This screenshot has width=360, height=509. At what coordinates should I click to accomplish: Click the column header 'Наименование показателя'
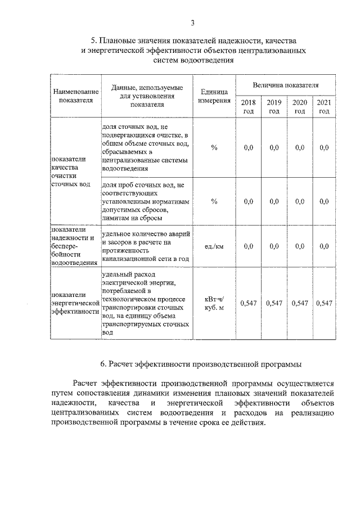pyautogui.click(x=75, y=95)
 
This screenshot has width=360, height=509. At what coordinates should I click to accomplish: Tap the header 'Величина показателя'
pyautogui.click(x=285, y=85)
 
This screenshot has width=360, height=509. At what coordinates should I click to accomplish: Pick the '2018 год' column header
pyautogui.click(x=249, y=106)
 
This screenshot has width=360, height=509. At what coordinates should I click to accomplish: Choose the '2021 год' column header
pyautogui.click(x=324, y=106)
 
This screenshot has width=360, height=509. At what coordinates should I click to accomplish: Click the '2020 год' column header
pyautogui.click(x=299, y=106)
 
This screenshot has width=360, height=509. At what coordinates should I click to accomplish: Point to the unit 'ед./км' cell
pyautogui.click(x=214, y=246)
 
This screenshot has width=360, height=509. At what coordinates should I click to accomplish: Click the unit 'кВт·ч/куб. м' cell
pyautogui.click(x=214, y=304)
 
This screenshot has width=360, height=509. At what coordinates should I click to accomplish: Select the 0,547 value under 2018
pyautogui.click(x=249, y=304)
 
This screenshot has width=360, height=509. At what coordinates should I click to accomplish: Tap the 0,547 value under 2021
pyautogui.click(x=324, y=304)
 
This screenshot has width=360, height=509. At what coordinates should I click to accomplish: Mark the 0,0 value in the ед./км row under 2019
pyautogui.click(x=274, y=246)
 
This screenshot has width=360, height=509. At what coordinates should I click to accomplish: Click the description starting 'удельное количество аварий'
pyautogui.click(x=145, y=246)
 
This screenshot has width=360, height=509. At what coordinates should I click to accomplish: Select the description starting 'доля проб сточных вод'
pyautogui.click(x=145, y=201)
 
